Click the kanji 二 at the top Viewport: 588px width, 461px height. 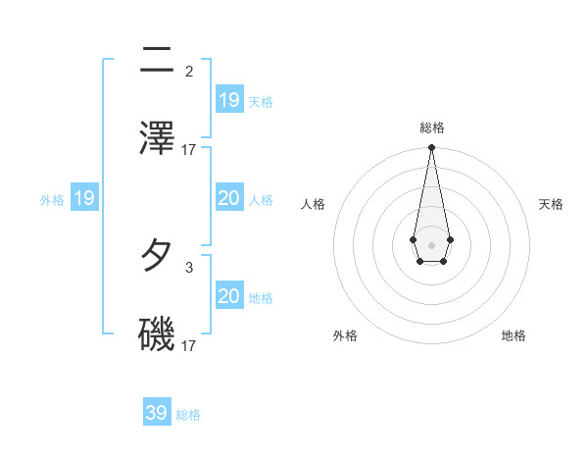[x=157, y=61]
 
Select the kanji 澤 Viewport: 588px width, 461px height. [x=157, y=136]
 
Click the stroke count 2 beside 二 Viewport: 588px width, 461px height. [x=189, y=71]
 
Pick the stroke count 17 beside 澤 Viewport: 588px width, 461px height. [x=189, y=149]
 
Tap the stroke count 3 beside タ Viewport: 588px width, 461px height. [x=189, y=267]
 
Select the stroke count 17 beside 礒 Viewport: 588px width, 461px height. [x=189, y=345]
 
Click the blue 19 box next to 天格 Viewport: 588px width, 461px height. [x=228, y=99]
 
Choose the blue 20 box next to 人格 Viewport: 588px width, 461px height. [x=228, y=198]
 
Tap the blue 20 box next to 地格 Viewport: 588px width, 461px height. [x=228, y=296]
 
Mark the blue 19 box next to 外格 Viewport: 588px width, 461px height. [x=84, y=198]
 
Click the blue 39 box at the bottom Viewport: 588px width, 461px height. [x=157, y=413]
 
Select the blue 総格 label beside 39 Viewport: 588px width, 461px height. [x=188, y=415]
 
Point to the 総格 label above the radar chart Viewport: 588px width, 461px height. [x=432, y=128]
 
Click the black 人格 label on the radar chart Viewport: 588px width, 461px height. [x=313, y=204]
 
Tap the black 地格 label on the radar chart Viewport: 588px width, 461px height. [x=514, y=335]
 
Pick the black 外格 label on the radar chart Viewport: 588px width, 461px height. [x=344, y=335]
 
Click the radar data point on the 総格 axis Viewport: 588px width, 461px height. [x=431, y=148]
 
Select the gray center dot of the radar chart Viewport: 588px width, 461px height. [x=431, y=243]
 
